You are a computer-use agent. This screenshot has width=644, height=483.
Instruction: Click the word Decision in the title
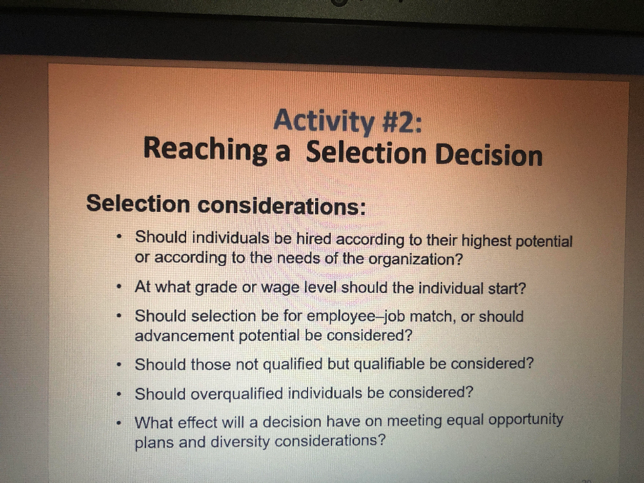[489, 155]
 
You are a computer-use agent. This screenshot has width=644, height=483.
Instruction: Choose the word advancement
[185, 335]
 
